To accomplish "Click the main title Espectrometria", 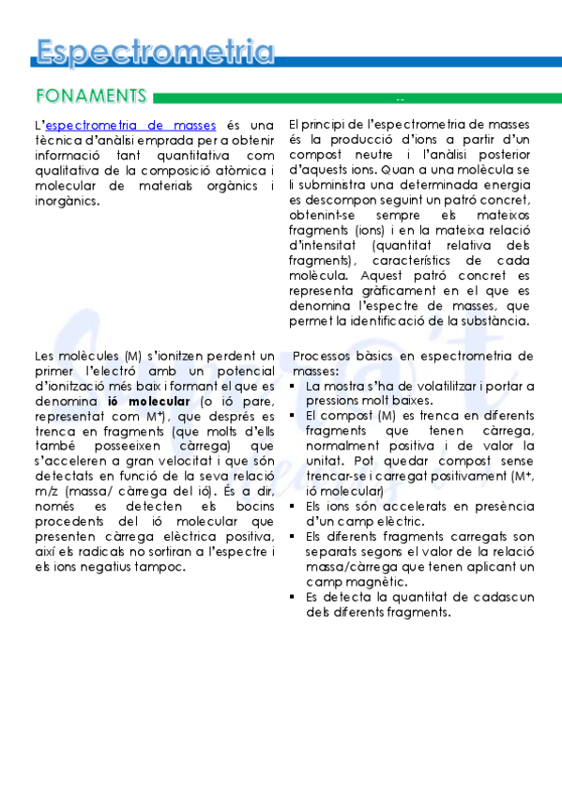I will coord(156,52).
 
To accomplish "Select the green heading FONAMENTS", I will coord(91,96).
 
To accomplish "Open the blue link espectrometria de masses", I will coord(130,125).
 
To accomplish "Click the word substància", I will coord(496,320).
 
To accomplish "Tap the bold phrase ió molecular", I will coord(144,401).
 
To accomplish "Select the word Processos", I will coord(325,356).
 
